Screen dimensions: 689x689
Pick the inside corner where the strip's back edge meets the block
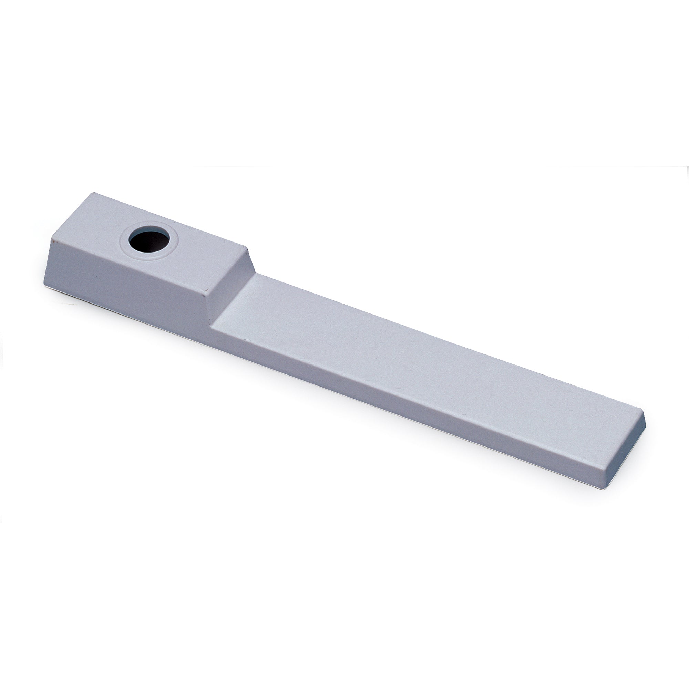click(256, 274)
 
